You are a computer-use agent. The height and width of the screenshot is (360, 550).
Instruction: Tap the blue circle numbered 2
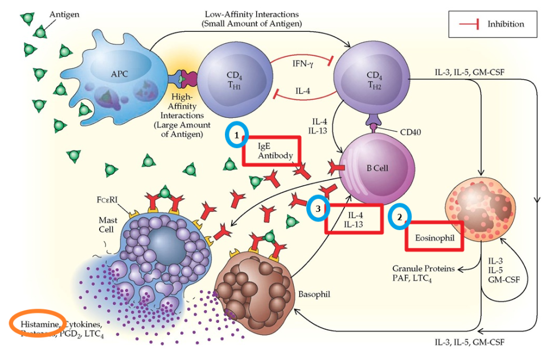(x=399, y=217)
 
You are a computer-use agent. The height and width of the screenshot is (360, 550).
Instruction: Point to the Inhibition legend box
(x=494, y=24)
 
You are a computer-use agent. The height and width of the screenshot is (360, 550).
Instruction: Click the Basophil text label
(x=314, y=294)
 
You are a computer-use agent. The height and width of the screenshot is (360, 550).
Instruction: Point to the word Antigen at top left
(x=64, y=13)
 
